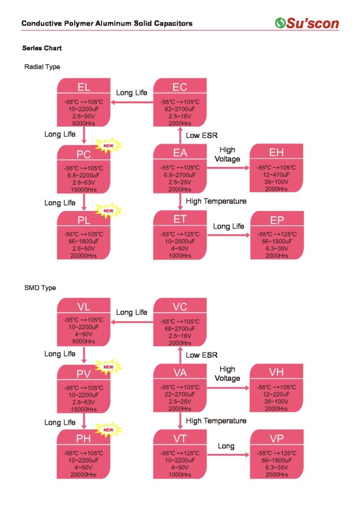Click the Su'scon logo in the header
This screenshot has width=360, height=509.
pos(307,23)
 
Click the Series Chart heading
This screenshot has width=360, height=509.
pos(42,48)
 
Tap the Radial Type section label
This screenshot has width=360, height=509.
pos(42,67)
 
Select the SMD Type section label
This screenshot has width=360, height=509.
pos(40,288)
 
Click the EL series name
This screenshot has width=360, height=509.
pos(84,87)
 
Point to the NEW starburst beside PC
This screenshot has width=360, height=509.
pos(108,146)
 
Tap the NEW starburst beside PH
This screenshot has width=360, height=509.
pos(108,428)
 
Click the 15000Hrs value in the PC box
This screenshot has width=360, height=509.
pos(84,190)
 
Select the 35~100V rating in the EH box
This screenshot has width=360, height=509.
pos(276,182)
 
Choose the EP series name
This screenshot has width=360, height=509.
pos(277,221)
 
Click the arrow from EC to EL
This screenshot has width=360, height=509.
pos(132,102)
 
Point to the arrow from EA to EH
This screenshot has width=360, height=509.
pos(228,168)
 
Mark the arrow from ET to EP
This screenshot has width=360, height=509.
pos(228,235)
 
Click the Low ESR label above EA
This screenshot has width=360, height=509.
pos(201,135)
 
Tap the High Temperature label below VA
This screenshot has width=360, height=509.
pos(216,421)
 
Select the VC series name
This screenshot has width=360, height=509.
pos(180,306)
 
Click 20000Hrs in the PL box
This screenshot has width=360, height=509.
pos(84,255)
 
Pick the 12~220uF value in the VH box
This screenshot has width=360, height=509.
pos(276,394)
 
